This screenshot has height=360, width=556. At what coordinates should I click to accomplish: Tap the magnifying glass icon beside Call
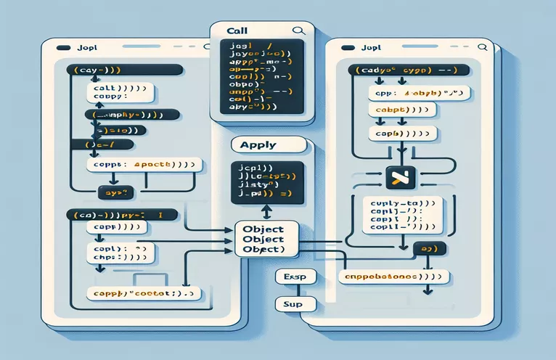pyautogui.click(x=297, y=31)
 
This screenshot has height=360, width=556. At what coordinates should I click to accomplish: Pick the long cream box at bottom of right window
pyautogui.click(x=394, y=277)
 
